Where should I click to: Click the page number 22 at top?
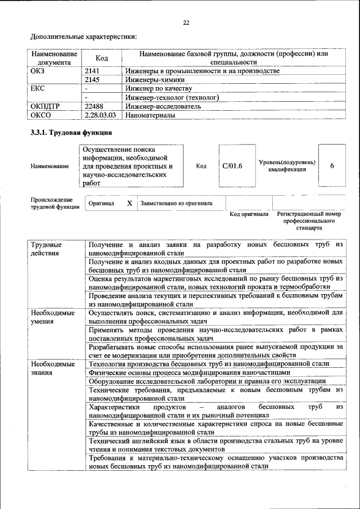186,22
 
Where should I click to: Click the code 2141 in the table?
92,71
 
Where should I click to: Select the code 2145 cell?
92,80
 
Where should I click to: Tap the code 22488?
93,106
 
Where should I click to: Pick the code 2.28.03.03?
100,114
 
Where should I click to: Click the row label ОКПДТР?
46,106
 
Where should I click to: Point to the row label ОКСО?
41,114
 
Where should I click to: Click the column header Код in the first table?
102,58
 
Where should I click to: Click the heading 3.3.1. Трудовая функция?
71,133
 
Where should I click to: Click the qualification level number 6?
332,165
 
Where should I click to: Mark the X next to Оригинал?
129,203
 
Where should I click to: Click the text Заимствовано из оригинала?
177,204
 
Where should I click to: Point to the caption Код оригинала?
249,214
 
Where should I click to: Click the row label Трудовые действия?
46,249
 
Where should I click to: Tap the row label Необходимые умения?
52,316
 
